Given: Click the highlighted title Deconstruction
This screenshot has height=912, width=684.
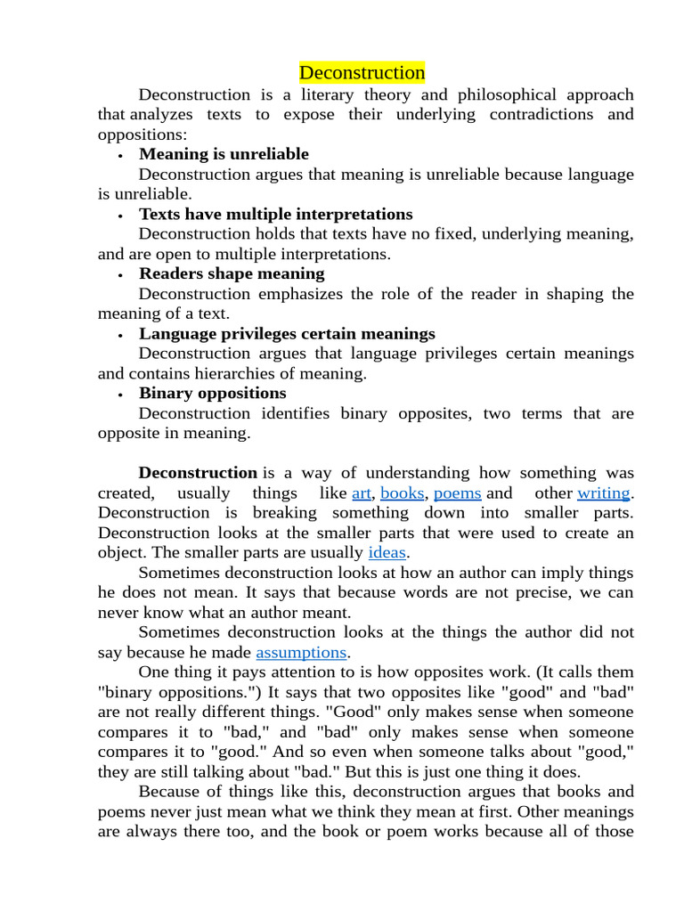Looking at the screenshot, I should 362,72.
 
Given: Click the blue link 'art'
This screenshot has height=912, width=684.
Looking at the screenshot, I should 362,493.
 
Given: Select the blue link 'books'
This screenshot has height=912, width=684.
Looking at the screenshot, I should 402,493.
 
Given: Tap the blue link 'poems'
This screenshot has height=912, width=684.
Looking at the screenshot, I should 457,493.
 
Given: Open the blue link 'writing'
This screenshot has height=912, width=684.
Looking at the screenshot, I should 603,493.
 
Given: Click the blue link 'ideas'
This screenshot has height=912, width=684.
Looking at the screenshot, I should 387,552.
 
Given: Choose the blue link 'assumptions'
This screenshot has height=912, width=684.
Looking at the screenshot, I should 300,652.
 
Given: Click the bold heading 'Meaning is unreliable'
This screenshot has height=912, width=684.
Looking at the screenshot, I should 224,154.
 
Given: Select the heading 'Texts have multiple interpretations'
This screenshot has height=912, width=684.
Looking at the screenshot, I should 275,214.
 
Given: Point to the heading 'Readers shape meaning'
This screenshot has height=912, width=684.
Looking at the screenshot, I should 232,273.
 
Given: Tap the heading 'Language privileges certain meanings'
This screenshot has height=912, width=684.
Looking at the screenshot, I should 287,333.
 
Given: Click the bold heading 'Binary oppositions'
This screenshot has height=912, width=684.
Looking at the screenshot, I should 212,393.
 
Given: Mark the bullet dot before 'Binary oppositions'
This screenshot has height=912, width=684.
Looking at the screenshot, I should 119,395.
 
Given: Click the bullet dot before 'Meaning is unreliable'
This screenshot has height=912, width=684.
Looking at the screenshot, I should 119,156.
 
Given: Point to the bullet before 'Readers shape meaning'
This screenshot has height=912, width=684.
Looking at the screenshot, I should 119,275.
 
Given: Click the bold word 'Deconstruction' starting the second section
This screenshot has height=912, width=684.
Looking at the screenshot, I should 198,472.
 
